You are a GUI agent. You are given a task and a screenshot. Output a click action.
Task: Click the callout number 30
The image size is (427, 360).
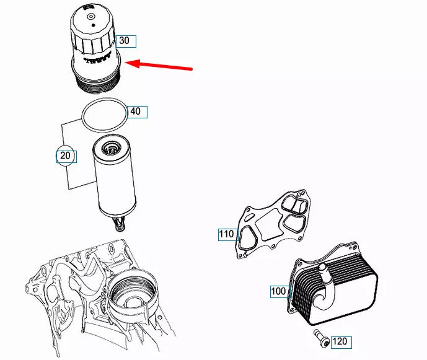125,41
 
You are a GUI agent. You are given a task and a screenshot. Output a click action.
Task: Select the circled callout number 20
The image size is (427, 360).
66,156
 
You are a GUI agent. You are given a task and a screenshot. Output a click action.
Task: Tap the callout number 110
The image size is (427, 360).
227,234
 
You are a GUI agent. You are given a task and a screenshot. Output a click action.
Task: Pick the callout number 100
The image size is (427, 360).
279,291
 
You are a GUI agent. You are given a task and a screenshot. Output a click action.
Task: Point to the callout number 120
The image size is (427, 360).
340,341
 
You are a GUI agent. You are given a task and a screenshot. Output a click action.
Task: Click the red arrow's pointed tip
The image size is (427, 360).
126,62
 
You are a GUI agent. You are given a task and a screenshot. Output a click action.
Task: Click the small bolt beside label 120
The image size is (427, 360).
321,338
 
